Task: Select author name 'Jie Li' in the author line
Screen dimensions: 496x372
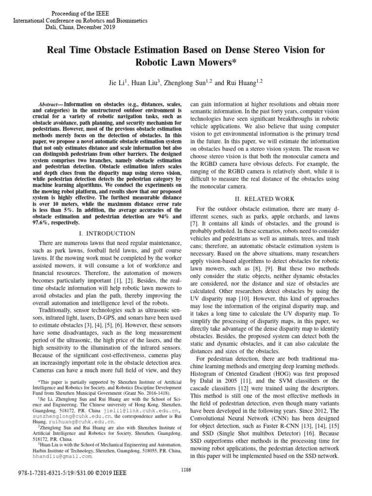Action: pyautogui.click(x=118, y=83)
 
